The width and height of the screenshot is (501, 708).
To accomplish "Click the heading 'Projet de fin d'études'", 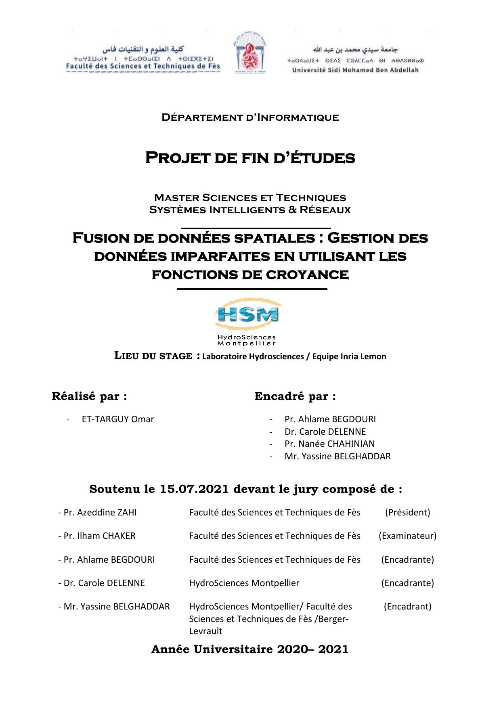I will pyautogui.click(x=250, y=157).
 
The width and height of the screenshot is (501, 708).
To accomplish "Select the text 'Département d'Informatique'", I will pyautogui.click(x=250, y=117).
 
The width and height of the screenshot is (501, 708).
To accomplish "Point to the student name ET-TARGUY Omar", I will pyautogui.click(x=117, y=419).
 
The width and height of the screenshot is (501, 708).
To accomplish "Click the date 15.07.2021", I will pyautogui.click(x=195, y=489).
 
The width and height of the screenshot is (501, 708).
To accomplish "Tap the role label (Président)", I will pyautogui.click(x=407, y=512).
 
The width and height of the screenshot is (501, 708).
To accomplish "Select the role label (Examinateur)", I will pyautogui.click(x=407, y=536).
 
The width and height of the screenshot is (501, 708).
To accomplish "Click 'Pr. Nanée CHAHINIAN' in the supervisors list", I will pyautogui.click(x=329, y=444).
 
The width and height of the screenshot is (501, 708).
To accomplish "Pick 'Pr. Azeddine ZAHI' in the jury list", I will pyautogui.click(x=100, y=512).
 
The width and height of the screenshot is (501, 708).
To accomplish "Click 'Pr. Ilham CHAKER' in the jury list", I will pyautogui.click(x=99, y=536).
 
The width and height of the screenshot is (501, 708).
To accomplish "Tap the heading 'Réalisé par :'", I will pyautogui.click(x=89, y=396).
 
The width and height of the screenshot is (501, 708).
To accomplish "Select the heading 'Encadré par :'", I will pyautogui.click(x=295, y=396).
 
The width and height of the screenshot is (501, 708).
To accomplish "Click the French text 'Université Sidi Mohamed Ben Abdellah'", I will pyautogui.click(x=355, y=70).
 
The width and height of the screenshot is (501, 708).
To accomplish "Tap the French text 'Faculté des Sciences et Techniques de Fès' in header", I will pyautogui.click(x=143, y=66).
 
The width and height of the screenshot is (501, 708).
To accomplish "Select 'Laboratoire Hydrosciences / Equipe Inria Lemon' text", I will pyautogui.click(x=294, y=356).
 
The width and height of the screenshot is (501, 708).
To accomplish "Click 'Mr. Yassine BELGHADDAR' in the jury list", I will pyautogui.click(x=116, y=606).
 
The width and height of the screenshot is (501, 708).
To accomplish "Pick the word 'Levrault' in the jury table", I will pyautogui.click(x=205, y=631).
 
